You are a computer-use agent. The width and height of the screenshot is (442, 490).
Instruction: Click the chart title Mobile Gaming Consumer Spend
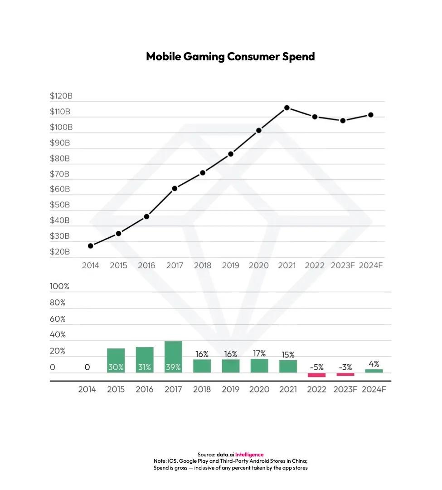coord(230,57)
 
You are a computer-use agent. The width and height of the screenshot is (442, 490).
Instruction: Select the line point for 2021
coord(287,108)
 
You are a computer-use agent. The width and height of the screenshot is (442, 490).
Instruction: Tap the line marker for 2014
coord(91,246)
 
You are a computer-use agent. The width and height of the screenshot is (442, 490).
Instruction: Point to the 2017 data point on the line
coord(175,188)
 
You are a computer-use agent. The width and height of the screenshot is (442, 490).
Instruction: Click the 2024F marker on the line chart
coord(370,115)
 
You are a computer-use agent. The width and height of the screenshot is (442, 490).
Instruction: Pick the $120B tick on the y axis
coord(61,96)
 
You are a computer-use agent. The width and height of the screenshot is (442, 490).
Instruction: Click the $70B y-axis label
coord(60,174)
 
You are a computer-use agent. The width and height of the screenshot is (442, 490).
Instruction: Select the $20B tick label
coord(60,252)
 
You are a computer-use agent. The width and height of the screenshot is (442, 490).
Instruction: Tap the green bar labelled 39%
coord(173,357)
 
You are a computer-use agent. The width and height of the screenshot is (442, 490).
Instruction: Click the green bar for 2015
coord(116,361)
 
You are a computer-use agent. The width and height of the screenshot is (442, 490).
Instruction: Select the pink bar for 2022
coord(316,375)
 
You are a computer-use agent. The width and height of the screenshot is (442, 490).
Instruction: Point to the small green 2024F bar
coord(374,371)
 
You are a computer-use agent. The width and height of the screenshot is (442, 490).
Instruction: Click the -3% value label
coord(345,367)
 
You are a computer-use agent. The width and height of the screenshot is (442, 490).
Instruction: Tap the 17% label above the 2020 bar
coord(259,353)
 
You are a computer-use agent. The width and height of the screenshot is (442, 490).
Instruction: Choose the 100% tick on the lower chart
coord(59,287)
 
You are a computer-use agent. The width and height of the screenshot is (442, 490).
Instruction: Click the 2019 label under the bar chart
coord(230,389)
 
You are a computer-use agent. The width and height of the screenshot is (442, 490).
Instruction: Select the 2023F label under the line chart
coord(343,265)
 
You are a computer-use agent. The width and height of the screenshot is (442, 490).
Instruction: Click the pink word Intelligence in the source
coord(249,455)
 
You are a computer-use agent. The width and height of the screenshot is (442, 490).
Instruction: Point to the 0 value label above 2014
coord(87,367)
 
